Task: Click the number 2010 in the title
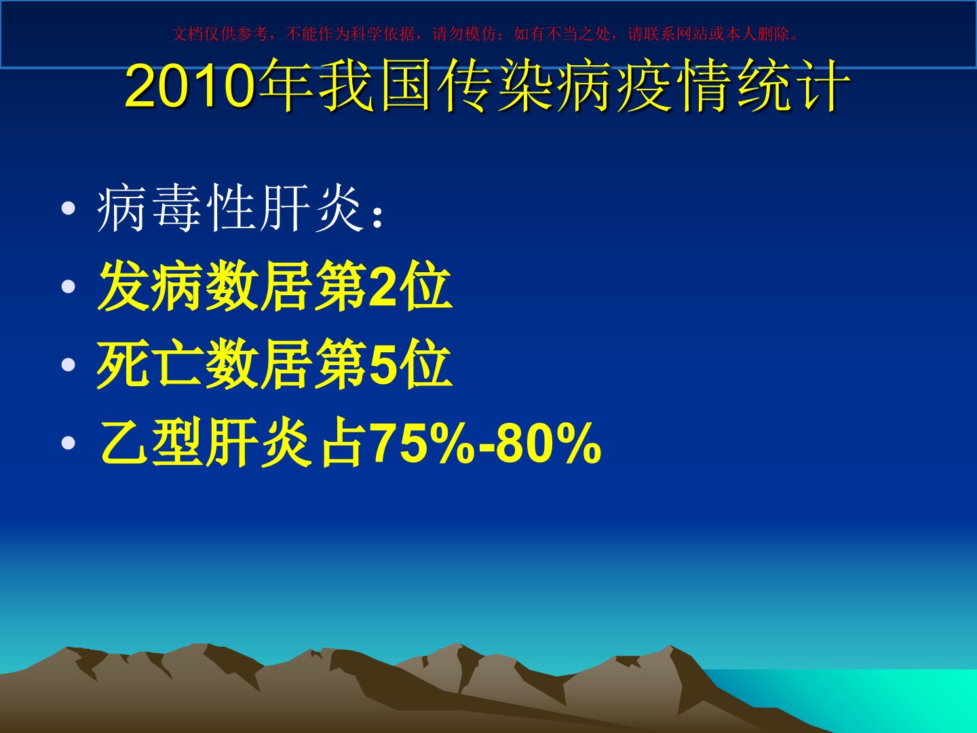(191, 86)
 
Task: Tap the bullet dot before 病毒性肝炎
(68, 208)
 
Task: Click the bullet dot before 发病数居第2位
(68, 286)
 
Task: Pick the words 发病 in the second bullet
(151, 286)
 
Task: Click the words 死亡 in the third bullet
(151, 364)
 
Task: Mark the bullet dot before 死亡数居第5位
(68, 364)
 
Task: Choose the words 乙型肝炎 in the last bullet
(205, 442)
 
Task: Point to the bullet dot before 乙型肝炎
(68, 443)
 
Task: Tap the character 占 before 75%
(342, 442)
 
